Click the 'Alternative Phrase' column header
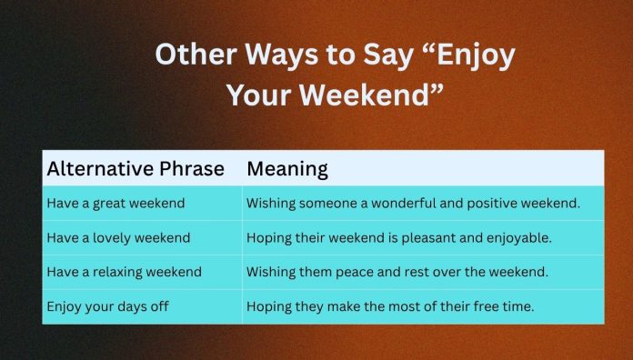click(137, 169)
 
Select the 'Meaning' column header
click(287, 169)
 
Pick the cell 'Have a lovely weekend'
click(118, 238)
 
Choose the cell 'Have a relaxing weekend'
click(124, 273)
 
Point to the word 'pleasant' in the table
click(434, 238)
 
